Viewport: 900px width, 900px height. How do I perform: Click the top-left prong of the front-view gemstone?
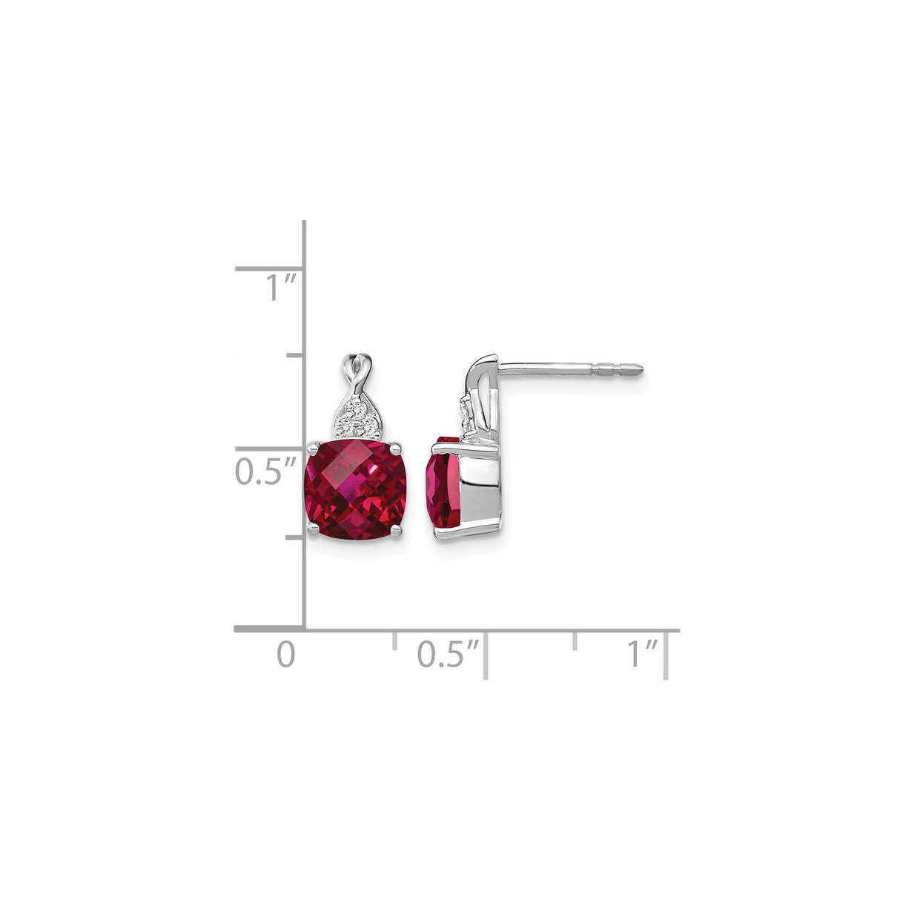point(311,447)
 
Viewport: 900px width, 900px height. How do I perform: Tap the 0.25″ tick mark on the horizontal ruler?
point(394,641)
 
